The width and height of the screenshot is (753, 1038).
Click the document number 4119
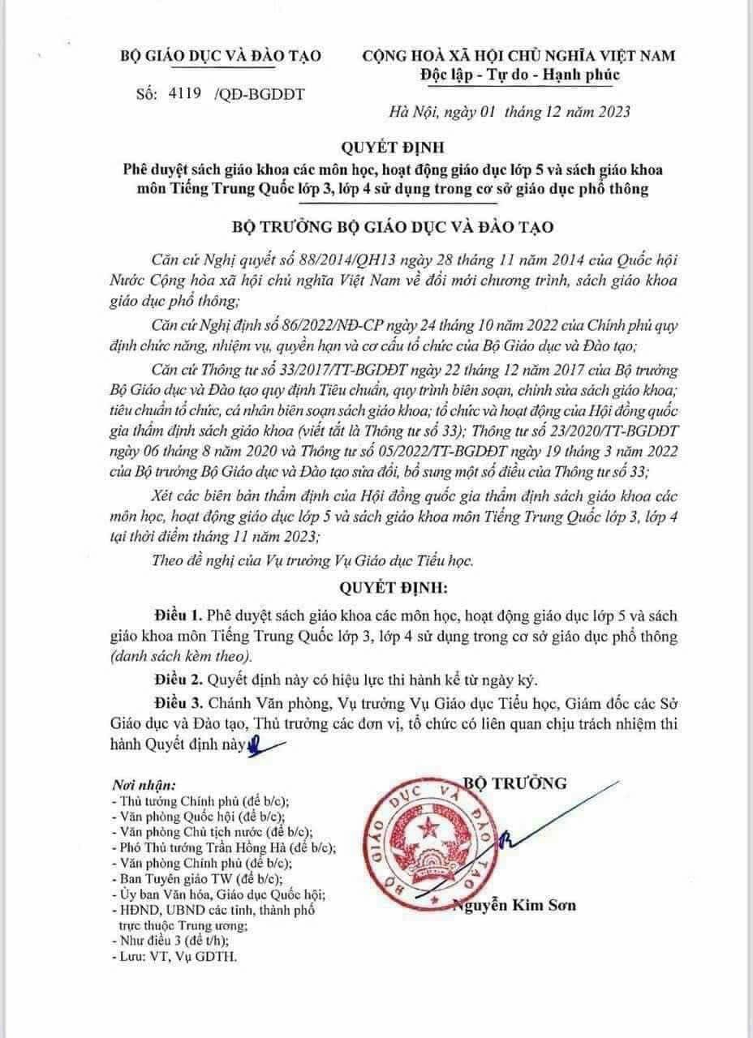pyautogui.click(x=186, y=93)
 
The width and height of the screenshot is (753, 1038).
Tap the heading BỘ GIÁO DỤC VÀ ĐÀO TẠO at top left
pyautogui.click(x=222, y=56)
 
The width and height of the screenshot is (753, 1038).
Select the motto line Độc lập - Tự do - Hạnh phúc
pyautogui.click(x=519, y=75)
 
